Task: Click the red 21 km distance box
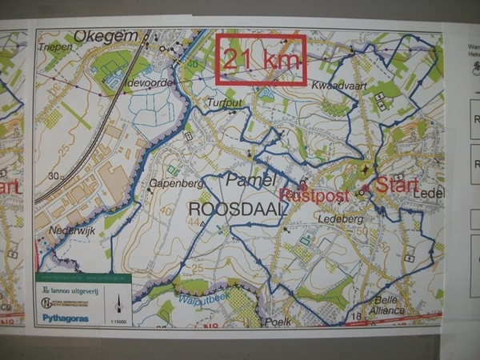click(261, 59)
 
